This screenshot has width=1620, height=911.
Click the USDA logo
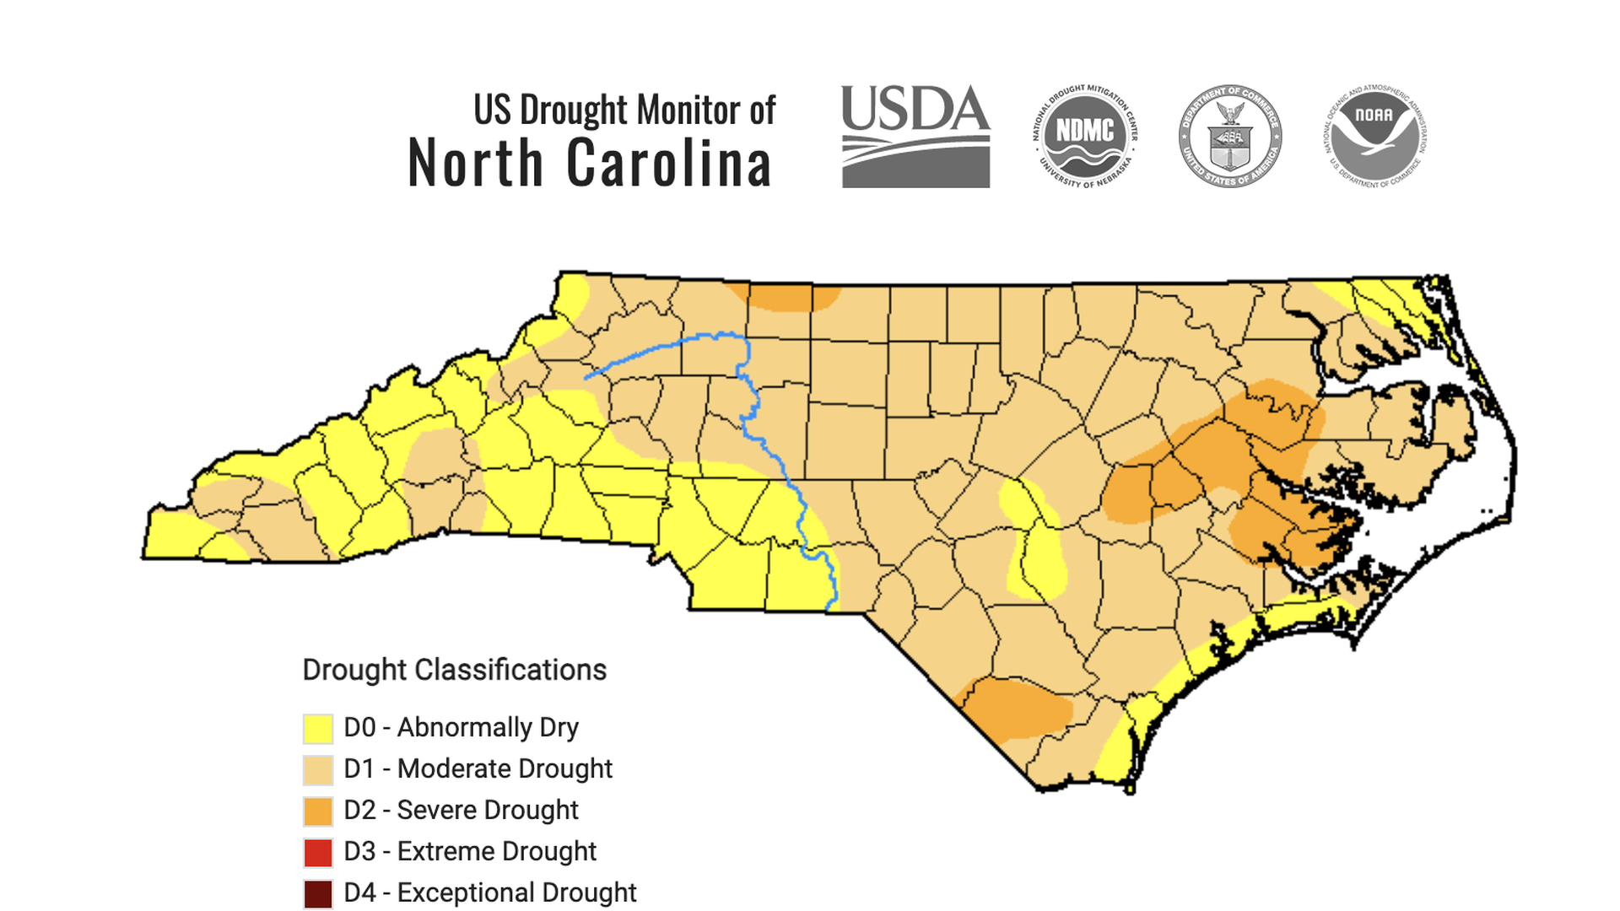(x=915, y=137)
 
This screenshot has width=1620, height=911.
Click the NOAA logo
(x=1374, y=135)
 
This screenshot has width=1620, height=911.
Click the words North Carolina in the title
(x=589, y=164)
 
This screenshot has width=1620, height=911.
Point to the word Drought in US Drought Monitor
(x=574, y=111)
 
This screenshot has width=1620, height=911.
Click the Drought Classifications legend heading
(x=454, y=670)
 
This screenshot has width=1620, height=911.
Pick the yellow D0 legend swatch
(x=318, y=728)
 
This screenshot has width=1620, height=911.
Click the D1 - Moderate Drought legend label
(x=478, y=768)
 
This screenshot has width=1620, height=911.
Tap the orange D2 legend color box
(x=318, y=811)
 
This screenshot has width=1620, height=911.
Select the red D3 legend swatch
(x=318, y=852)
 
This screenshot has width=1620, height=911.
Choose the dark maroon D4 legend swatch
(x=318, y=893)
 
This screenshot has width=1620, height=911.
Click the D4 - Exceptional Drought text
(x=489, y=892)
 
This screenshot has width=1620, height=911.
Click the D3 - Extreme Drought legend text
(x=470, y=851)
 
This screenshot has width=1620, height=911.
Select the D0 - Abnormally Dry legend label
(x=461, y=727)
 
